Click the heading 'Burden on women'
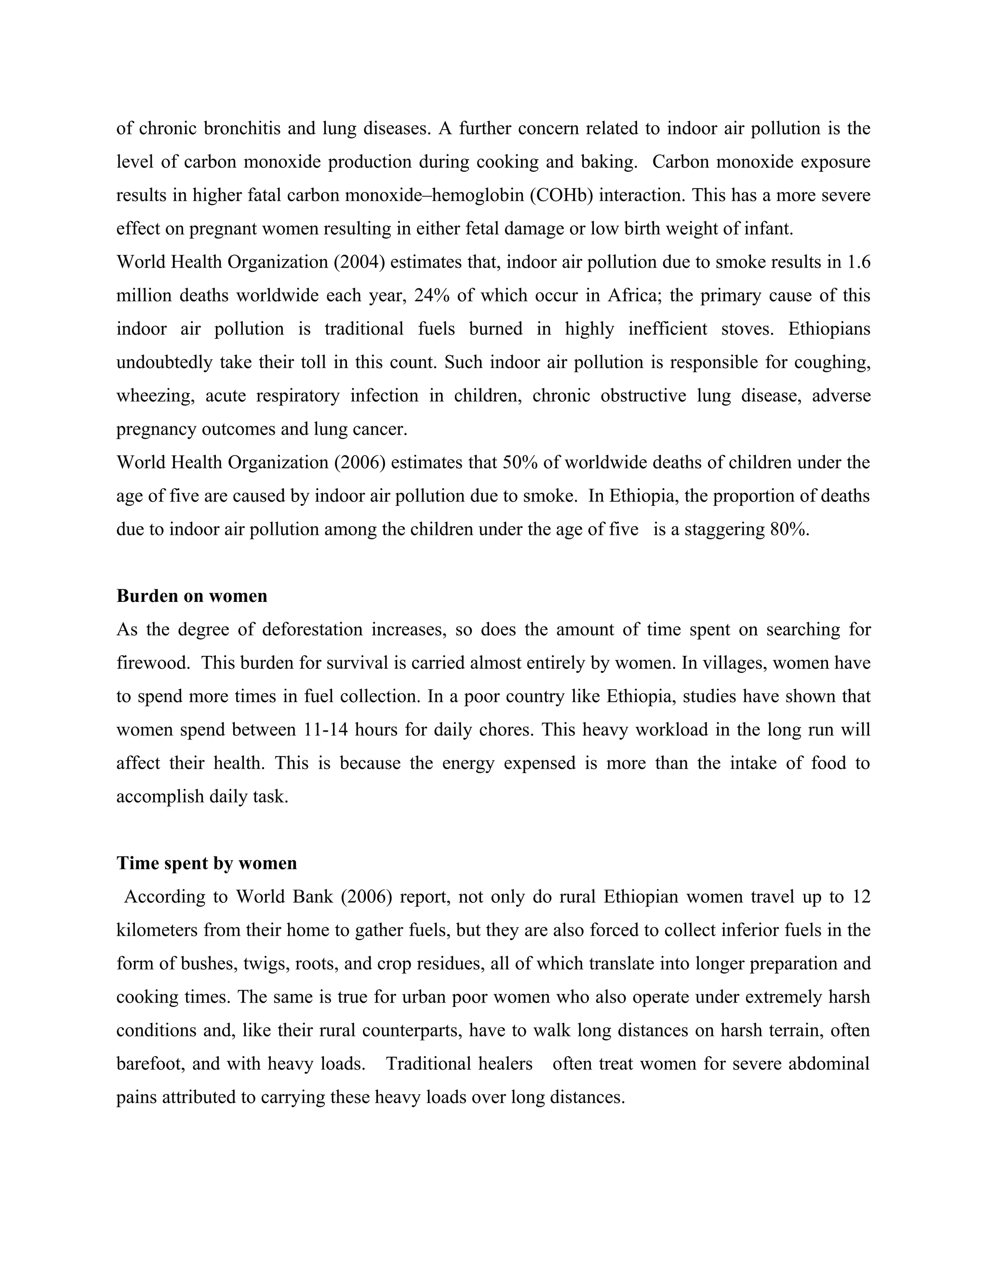(x=192, y=596)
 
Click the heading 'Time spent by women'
(x=206, y=863)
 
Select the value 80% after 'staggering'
(x=790, y=530)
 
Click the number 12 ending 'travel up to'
(x=861, y=897)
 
